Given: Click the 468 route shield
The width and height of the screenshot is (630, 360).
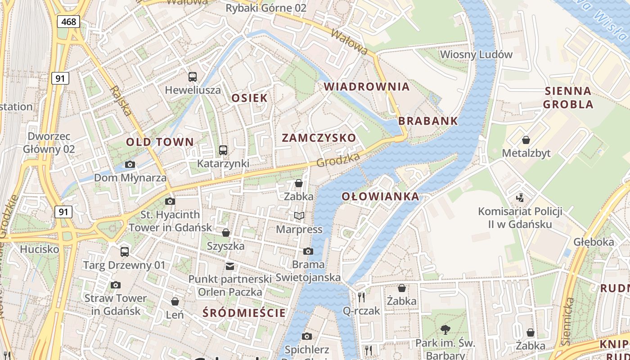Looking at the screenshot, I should coord(68,21).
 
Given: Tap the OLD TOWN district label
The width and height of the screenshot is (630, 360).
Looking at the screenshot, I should coord(160,142).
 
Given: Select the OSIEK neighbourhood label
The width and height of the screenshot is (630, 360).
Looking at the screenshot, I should coord(249,98).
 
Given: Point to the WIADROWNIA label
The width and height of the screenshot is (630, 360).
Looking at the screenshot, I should coord(367,86).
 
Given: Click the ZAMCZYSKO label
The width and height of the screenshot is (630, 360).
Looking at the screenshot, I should coord(319,138).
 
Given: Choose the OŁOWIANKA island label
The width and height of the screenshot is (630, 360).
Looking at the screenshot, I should coord(380,196).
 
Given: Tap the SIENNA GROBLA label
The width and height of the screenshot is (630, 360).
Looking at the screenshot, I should coord(568,98).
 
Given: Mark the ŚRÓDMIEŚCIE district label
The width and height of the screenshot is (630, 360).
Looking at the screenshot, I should coord(244,313).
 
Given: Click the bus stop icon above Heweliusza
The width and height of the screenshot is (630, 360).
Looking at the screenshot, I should coord(193,77).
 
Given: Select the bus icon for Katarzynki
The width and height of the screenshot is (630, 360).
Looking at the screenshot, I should coord(223,150).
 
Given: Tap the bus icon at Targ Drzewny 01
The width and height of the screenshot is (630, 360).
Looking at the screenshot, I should coord(125,252).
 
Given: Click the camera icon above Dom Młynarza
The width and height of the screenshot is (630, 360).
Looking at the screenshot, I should coord(130,165).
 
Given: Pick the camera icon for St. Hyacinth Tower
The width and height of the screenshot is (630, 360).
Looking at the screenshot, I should coord(170,201).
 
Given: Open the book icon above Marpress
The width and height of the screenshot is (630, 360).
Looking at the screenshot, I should coord(299,216).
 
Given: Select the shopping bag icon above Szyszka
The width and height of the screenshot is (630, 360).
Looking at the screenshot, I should coord(226,233).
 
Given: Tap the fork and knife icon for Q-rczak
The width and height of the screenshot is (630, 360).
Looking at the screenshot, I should coord(361,297).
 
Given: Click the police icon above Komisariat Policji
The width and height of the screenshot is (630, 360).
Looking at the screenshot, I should coord(520,198).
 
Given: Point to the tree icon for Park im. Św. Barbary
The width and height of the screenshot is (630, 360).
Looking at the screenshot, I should coord(445,330).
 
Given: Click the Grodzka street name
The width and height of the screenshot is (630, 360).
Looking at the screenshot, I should coord(338,160).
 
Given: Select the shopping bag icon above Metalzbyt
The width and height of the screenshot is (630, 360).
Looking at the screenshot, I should coord(526,140).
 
